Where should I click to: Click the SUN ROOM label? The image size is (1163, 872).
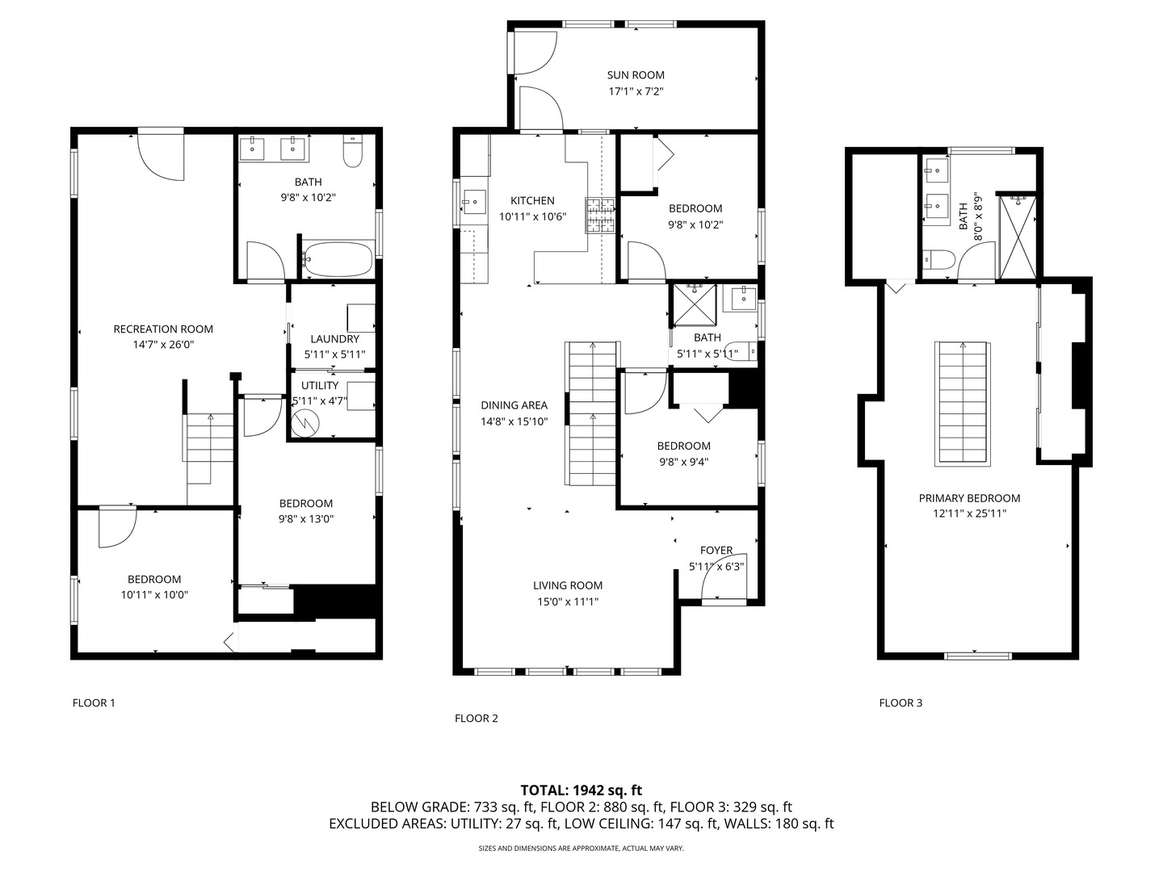point(636,75)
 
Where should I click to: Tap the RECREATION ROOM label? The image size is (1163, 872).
point(163,329)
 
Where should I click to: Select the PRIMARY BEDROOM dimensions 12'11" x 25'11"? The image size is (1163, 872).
point(969,513)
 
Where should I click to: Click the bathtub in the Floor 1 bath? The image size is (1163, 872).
point(339,259)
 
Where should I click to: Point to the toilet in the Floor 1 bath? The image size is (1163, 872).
point(352,151)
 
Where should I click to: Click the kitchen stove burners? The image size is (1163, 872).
point(600,215)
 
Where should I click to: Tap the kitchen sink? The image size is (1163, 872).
point(474,202)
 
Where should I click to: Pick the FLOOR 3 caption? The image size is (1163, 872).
point(901,702)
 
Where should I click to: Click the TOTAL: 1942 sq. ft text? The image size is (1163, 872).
point(581,790)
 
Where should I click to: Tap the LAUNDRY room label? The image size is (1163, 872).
point(335,339)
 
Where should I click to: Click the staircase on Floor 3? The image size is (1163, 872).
point(963,404)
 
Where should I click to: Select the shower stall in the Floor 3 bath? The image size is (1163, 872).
point(1017,236)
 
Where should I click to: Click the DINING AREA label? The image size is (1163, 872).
point(514,405)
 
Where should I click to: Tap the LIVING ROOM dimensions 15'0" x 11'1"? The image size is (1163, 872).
point(568,602)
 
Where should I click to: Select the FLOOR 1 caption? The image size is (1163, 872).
point(93,702)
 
